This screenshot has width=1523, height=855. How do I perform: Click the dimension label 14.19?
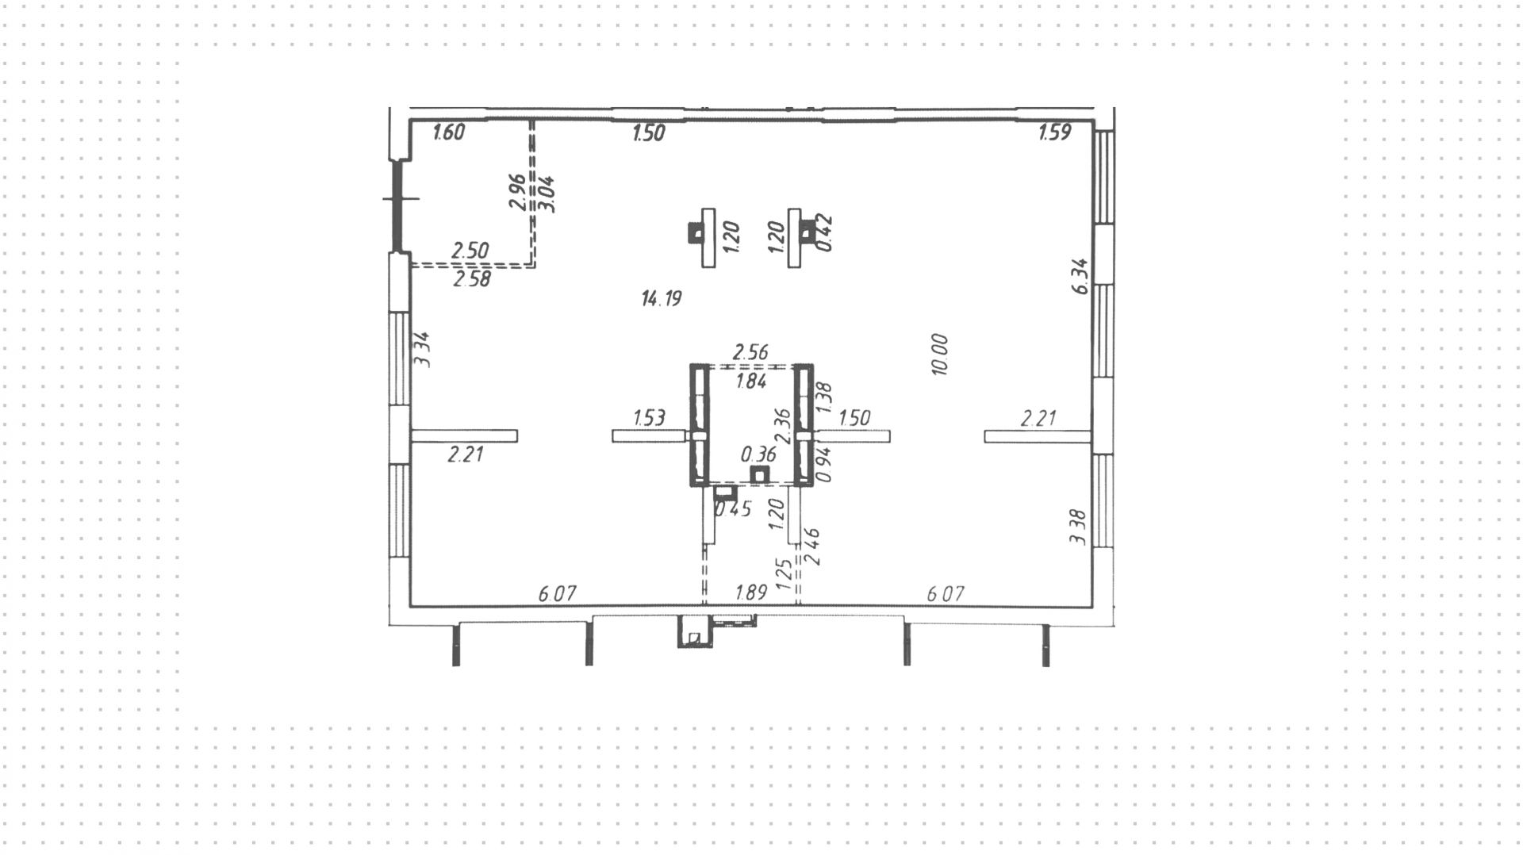pyautogui.click(x=662, y=299)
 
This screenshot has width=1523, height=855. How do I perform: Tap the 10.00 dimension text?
pyautogui.click(x=940, y=355)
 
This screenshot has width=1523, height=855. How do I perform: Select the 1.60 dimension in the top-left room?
pyautogui.click(x=448, y=132)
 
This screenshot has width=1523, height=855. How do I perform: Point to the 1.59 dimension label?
pyautogui.click(x=1055, y=132)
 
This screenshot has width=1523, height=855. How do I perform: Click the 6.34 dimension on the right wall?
pyautogui.click(x=1080, y=276)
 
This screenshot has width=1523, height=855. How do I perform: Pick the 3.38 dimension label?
pyautogui.click(x=1077, y=527)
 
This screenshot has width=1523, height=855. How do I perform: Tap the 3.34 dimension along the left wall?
pyautogui.click(x=423, y=349)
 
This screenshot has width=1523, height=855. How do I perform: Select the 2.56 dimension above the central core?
pyautogui.click(x=750, y=351)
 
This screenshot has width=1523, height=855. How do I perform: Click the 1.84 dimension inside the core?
pyautogui.click(x=750, y=381)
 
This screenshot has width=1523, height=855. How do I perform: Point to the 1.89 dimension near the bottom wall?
pyautogui.click(x=750, y=592)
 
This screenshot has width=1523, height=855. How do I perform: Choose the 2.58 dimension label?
pyautogui.click(x=471, y=279)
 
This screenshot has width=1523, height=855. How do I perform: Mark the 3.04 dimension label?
pyautogui.click(x=547, y=194)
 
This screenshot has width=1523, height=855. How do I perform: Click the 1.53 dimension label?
pyautogui.click(x=649, y=418)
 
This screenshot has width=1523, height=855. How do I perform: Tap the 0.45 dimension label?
pyautogui.click(x=734, y=509)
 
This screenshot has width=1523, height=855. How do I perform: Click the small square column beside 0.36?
pyautogui.click(x=760, y=475)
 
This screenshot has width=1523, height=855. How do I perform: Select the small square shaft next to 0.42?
pyautogui.click(x=807, y=232)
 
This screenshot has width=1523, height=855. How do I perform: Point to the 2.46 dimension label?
pyautogui.click(x=811, y=546)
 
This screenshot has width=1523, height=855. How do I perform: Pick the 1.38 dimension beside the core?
pyautogui.click(x=824, y=398)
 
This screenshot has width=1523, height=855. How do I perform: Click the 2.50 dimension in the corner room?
pyautogui.click(x=470, y=251)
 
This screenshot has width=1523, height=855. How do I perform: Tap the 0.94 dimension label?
pyautogui.click(x=824, y=465)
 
